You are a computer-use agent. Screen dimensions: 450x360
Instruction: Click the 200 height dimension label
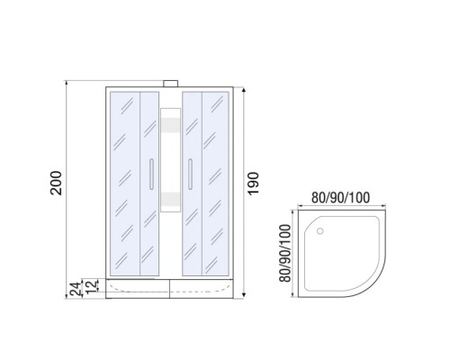[56, 183]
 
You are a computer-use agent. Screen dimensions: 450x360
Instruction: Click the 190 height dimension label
[253, 184]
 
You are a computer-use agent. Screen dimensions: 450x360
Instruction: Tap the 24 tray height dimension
[77, 289]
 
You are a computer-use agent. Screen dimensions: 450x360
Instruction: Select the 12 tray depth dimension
[94, 285]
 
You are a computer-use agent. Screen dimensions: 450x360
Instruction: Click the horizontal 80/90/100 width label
[340, 198]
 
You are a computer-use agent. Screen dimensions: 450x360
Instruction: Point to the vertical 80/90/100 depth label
[285, 253]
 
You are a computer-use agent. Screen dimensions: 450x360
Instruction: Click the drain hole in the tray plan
[320, 231]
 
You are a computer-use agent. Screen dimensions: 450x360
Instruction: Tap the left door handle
[151, 175]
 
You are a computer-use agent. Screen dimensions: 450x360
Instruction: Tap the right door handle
[190, 175]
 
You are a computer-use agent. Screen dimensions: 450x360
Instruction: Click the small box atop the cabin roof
[171, 84]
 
